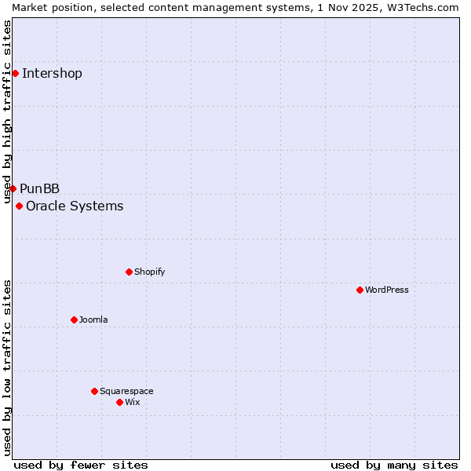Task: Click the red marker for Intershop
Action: [15, 73]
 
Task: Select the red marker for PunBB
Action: [13, 188]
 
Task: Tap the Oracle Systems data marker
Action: [19, 206]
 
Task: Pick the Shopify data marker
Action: [129, 272]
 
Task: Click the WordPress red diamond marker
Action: [360, 290]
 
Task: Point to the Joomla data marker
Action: [74, 319]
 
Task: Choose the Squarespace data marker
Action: [94, 391]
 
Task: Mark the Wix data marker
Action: [119, 402]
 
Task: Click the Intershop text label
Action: [52, 74]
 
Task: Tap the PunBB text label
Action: [40, 189]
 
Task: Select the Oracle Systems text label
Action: [75, 206]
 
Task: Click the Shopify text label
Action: [149, 272]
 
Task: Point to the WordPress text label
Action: [387, 290]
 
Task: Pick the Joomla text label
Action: [93, 319]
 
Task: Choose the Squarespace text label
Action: [126, 391]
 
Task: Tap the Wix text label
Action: [133, 402]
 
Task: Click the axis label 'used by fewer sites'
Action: [81, 465]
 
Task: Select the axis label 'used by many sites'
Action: [394, 465]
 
